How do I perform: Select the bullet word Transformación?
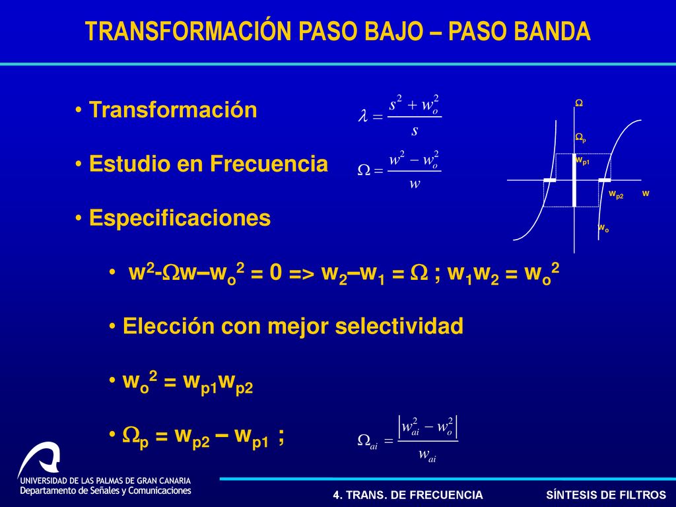[x=173, y=110]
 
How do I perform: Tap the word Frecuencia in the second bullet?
[x=269, y=164]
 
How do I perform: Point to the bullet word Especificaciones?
[x=180, y=218]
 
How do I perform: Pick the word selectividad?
[x=399, y=326]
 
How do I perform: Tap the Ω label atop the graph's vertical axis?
[x=579, y=103]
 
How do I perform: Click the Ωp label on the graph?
[x=580, y=138]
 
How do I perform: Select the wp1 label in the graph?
[x=582, y=161]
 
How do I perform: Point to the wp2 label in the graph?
[x=616, y=195]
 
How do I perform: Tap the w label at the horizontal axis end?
[x=646, y=193]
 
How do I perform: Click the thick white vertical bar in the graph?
[x=574, y=180]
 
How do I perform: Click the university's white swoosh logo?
[x=39, y=459]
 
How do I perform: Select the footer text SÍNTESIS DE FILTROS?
[x=606, y=494]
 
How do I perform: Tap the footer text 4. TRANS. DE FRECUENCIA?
[x=408, y=495]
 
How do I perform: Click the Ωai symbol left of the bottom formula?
[x=368, y=441]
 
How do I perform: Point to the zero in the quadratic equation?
[x=276, y=273]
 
